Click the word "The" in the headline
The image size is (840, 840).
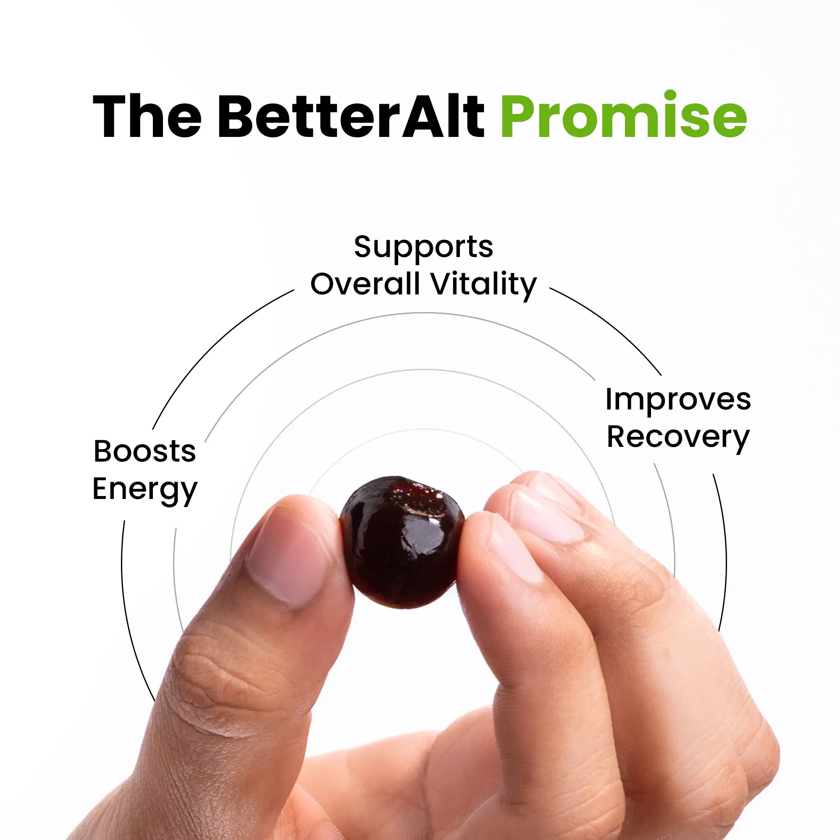(147, 116)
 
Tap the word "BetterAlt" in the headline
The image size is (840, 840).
(351, 116)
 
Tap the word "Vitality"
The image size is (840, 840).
(484, 285)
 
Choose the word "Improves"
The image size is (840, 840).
(678, 400)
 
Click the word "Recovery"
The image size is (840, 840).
(678, 438)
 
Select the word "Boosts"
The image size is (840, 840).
(145, 451)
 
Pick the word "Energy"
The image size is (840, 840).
(145, 491)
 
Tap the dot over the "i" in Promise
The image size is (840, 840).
(670, 95)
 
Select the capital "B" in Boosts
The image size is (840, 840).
(103, 451)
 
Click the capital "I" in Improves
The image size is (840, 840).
(608, 399)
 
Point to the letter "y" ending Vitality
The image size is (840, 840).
(528, 288)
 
